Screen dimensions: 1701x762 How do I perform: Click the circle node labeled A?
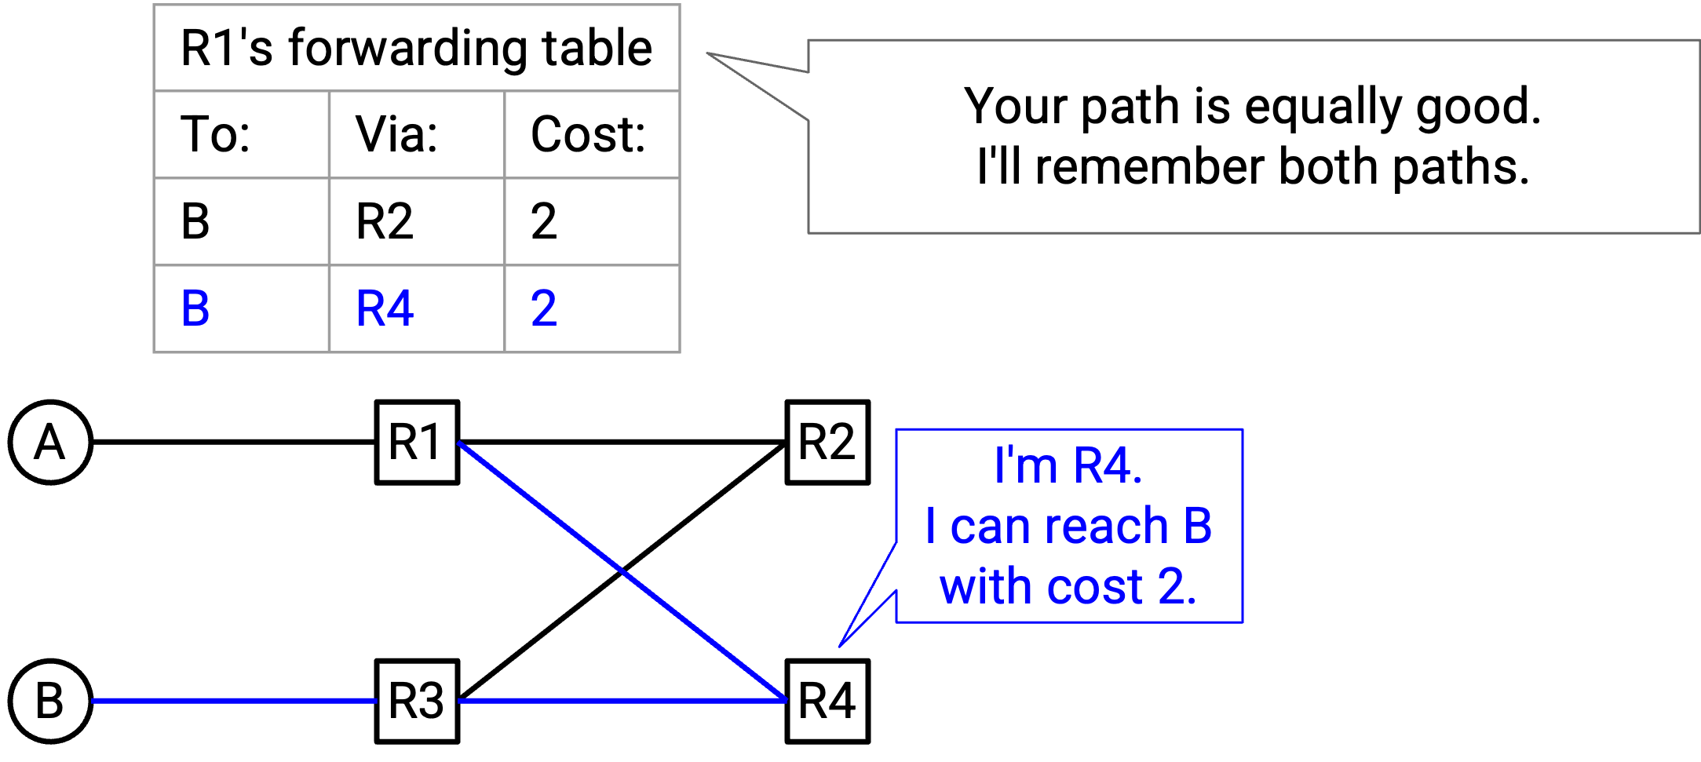[50, 443]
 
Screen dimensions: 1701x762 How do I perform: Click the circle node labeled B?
[50, 701]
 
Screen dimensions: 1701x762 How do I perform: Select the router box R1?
[417, 443]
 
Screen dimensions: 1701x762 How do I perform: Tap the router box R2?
[827, 443]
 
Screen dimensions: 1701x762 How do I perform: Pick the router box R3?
[417, 701]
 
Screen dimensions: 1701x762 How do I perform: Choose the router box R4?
[827, 701]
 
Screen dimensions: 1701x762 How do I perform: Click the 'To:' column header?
[216, 134]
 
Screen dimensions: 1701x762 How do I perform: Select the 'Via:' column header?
[396, 134]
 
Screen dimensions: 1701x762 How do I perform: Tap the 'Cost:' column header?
[588, 134]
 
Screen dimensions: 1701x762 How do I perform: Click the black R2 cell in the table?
[385, 221]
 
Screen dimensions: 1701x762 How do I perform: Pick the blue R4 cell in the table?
[385, 308]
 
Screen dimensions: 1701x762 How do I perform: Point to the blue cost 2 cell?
[544, 308]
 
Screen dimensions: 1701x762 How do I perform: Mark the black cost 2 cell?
[544, 221]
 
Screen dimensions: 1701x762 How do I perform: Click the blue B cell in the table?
[195, 308]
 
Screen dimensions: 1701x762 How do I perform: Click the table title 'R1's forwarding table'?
[416, 48]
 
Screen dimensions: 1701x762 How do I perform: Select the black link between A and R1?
[234, 443]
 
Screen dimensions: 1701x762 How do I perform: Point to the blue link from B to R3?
[234, 701]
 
